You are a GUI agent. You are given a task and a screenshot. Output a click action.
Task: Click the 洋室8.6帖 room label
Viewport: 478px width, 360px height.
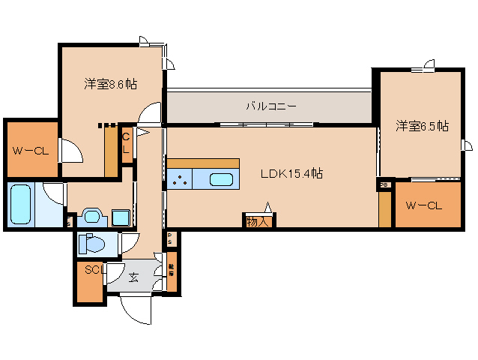pyautogui.click(x=110, y=85)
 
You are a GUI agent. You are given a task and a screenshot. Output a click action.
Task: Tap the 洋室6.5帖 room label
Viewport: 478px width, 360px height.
pyautogui.click(x=422, y=126)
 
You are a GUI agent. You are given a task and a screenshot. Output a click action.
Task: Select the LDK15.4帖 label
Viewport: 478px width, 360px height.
pyautogui.click(x=291, y=173)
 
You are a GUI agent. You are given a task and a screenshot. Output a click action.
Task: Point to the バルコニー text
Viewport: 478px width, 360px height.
pyautogui.click(x=270, y=106)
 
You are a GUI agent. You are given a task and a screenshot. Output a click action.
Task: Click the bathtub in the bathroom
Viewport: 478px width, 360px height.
pyautogui.click(x=21, y=203)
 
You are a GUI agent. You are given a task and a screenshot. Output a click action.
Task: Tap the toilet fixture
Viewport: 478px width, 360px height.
pyautogui.click(x=93, y=244)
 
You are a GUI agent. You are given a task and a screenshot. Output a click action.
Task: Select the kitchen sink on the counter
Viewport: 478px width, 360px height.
pyautogui.click(x=220, y=179)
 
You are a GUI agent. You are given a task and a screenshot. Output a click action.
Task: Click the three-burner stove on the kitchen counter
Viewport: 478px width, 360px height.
pyautogui.click(x=180, y=179)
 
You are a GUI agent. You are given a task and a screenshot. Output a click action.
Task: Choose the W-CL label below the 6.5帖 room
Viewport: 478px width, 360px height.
pyautogui.click(x=424, y=205)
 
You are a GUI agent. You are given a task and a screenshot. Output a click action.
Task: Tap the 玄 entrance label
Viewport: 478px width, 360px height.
pyautogui.click(x=133, y=277)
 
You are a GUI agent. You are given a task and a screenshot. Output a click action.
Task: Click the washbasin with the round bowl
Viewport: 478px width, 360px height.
pyautogui.click(x=92, y=217)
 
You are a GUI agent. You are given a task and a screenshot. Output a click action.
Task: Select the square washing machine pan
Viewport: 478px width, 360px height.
pyautogui.click(x=120, y=217)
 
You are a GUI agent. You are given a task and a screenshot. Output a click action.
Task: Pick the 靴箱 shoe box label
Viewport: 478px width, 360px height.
pyautogui.click(x=172, y=270)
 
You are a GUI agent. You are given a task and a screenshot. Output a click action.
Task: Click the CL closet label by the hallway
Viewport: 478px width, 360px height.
pyautogui.click(x=126, y=142)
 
